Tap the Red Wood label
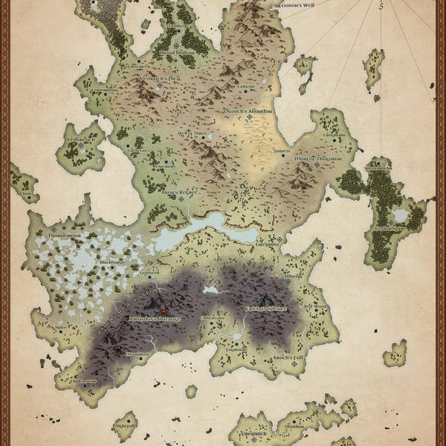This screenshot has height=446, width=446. point(315,306)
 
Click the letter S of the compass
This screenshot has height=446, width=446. point(381,5)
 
